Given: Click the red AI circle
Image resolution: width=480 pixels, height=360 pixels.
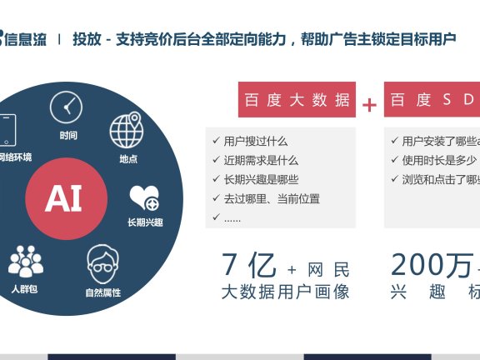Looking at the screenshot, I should coord(63,198).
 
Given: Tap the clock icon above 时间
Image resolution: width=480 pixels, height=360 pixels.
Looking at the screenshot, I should coord(67,108).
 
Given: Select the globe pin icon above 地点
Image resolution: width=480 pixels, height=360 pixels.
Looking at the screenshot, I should coord(127,131).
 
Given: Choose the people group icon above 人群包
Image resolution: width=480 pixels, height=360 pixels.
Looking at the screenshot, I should coord(25,262).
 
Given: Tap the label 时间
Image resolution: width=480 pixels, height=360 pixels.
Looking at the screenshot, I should coord(68,136).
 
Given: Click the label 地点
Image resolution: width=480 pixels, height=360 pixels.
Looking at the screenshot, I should coord(128,158).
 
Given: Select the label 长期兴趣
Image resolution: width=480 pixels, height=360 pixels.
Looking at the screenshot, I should coord(144,222).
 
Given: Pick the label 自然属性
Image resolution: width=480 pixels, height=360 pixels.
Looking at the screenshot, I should coord(103,292).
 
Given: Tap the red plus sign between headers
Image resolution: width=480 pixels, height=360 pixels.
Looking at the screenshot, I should coord(369,104).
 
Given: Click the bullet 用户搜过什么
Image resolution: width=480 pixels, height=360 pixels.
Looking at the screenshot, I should coord(255,142).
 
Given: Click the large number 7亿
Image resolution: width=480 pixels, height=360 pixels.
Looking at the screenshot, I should coord(247,265).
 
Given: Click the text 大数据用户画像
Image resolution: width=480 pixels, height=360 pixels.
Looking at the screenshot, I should coord(285,292).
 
